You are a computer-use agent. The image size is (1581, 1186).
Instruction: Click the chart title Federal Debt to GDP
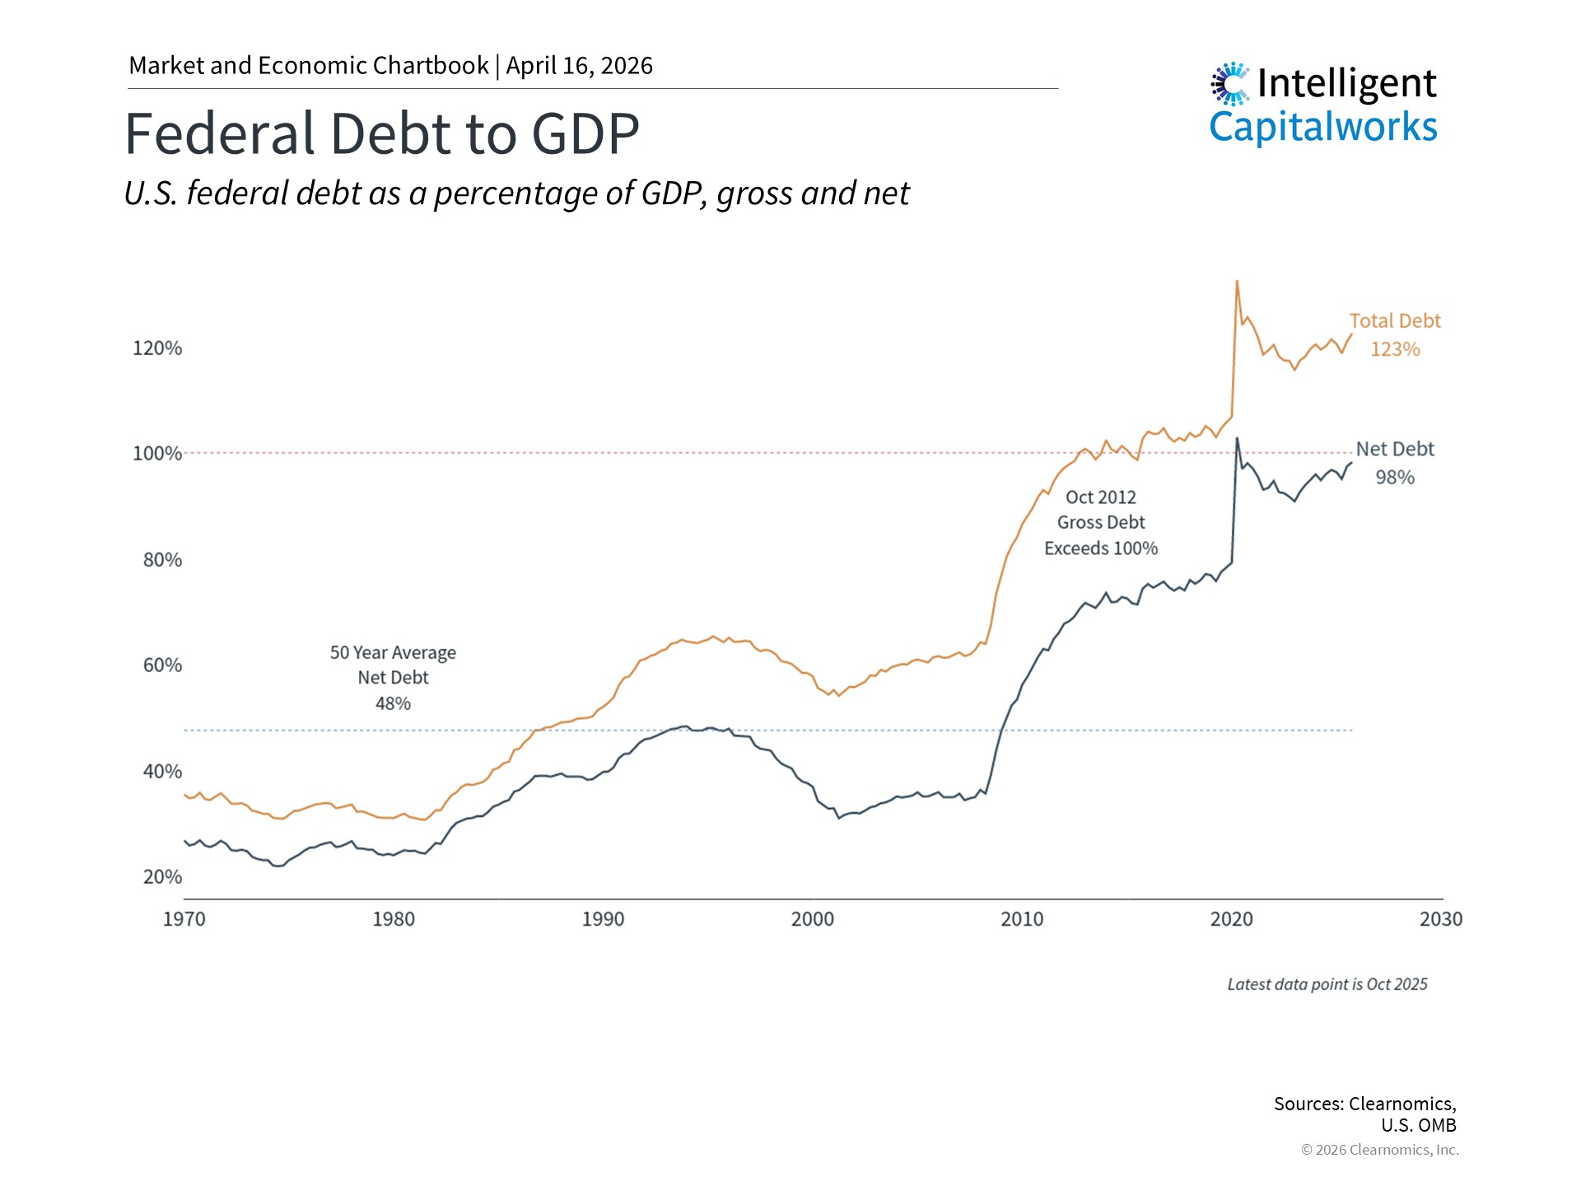point(381,133)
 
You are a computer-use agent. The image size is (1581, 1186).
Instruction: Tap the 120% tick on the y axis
point(157,348)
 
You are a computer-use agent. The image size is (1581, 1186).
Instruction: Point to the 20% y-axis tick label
point(162,877)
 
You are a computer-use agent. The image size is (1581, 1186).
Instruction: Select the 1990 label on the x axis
point(603,920)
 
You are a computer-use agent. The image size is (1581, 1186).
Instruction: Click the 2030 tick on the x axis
point(1440,920)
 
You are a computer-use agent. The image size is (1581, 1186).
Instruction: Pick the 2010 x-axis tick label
point(1022,920)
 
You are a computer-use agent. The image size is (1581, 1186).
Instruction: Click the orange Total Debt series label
point(1394,321)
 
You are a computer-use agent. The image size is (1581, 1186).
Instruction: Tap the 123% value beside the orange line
point(1395,349)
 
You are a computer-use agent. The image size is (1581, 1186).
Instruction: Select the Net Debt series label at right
point(1395,450)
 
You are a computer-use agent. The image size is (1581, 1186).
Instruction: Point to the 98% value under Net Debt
point(1395,478)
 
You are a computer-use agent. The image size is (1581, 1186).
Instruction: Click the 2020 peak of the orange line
point(1237,282)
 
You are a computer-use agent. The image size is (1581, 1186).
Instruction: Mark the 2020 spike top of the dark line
point(1237,439)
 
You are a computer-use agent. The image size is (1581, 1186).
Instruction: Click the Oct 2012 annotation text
point(1100,497)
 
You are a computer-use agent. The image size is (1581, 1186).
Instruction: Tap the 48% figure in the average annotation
point(393,704)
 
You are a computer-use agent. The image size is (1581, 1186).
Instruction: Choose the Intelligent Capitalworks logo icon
point(1230,84)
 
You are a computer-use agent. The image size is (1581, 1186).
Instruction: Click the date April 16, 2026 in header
point(579,66)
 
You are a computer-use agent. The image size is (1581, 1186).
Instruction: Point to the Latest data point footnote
point(1327,985)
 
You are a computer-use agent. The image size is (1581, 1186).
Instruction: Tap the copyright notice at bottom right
point(1379,1151)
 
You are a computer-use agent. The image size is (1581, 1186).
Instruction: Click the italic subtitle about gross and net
point(516,194)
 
